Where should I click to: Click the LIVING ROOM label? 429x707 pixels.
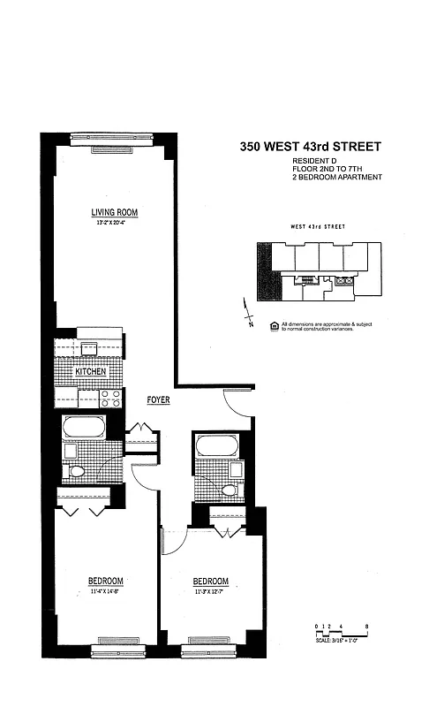tap(114, 212)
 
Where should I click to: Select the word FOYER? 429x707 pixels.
tap(159, 400)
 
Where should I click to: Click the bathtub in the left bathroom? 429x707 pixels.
tap(85, 430)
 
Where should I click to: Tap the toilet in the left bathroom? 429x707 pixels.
tap(76, 471)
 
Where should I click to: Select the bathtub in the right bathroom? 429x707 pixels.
tap(216, 445)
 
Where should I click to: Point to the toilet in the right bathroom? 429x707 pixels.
tap(230, 489)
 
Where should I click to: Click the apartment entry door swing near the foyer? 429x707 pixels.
tap(237, 403)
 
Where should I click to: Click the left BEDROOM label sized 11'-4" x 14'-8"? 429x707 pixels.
tap(105, 580)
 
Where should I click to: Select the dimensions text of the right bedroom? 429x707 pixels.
tap(211, 591)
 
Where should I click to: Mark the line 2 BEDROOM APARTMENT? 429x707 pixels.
tap(337, 178)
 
